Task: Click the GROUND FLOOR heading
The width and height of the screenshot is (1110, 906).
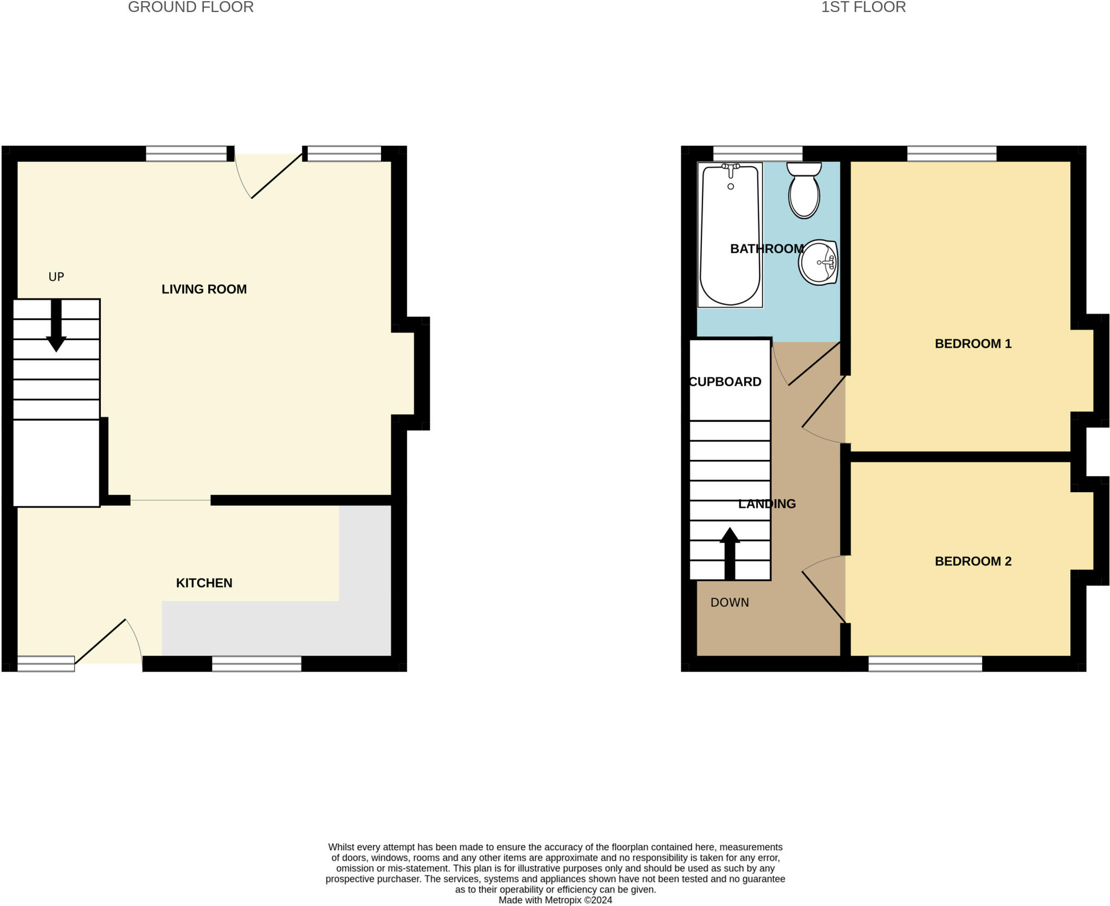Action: pyautogui.click(x=190, y=8)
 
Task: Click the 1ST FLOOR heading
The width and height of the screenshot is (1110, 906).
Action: pyautogui.click(x=863, y=8)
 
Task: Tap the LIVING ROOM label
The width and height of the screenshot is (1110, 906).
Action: pyautogui.click(x=204, y=289)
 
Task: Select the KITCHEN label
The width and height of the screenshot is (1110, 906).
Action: pyautogui.click(x=204, y=583)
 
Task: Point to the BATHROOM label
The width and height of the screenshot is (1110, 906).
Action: pyautogui.click(x=766, y=249)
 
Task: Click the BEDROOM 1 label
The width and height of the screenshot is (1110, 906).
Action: pyautogui.click(x=973, y=343)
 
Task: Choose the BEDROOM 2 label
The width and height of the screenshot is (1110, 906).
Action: pyautogui.click(x=973, y=561)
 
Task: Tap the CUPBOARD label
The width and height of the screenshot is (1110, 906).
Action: pyautogui.click(x=725, y=382)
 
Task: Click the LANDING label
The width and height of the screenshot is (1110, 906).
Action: pyautogui.click(x=767, y=504)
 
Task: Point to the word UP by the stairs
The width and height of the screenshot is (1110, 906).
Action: pyautogui.click(x=56, y=277)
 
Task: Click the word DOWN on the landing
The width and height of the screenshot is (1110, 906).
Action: pyautogui.click(x=730, y=602)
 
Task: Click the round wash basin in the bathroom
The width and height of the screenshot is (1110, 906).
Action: pyautogui.click(x=818, y=263)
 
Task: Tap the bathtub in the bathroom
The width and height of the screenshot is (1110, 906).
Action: pyautogui.click(x=730, y=236)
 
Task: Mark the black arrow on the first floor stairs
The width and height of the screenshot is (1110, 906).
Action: pyautogui.click(x=730, y=552)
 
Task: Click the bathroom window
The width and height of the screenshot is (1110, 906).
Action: pyautogui.click(x=757, y=153)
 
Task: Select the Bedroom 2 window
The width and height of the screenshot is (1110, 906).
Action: pyautogui.click(x=925, y=663)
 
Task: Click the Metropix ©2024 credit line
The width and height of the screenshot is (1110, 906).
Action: pyautogui.click(x=555, y=900)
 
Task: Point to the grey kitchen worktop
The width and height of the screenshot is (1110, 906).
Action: pyautogui.click(x=276, y=628)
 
